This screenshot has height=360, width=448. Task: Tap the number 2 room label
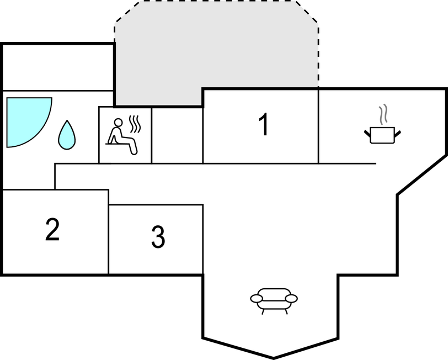tap(52, 229)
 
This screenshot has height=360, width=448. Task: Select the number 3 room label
tap(158, 237)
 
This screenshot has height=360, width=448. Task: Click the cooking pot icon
tap(382, 135)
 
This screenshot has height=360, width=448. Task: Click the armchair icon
tap(274, 301)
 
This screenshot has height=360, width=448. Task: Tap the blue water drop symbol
tap(67, 135)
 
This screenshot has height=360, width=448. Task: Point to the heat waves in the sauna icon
tap(135, 124)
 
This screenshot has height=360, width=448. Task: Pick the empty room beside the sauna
tap(177, 135)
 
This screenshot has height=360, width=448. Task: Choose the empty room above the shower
tap(58, 67)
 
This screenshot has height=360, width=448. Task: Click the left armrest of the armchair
tap(257, 299)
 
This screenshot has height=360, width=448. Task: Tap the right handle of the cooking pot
tap(397, 134)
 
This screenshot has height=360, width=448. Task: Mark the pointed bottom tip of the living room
tap(274, 358)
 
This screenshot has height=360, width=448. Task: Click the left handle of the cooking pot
tap(367, 134)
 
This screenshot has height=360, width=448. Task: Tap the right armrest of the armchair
tap(291, 299)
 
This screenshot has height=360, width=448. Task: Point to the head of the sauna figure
tap(118, 123)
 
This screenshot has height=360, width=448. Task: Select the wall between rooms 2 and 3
tap(109, 231)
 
